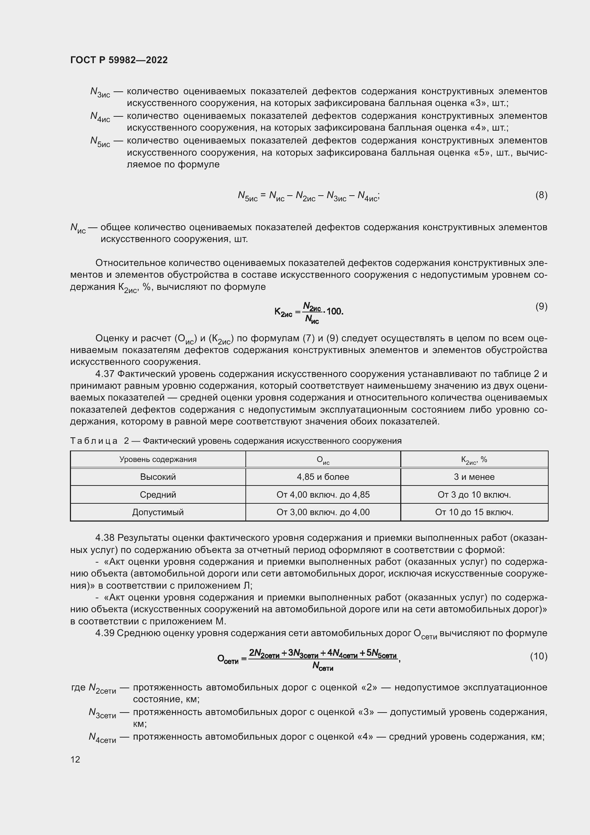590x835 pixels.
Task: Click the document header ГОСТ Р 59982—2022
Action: tap(119, 60)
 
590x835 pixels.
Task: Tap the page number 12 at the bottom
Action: tap(75, 759)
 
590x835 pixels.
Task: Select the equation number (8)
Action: tap(541, 195)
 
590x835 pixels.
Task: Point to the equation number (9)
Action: tap(541, 306)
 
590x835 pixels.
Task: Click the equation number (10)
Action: tap(538, 656)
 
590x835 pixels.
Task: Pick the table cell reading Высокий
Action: tap(158, 477)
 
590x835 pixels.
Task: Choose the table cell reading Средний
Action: tap(158, 494)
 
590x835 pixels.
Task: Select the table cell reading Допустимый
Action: tap(158, 512)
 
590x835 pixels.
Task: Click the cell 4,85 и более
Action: tap(322, 477)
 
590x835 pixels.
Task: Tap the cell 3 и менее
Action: tap(474, 477)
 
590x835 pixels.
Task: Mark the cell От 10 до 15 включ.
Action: tap(474, 512)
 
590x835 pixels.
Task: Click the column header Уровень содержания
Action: tap(158, 459)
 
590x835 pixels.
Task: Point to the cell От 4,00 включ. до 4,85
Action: tap(322, 494)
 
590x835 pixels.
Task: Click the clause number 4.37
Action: tap(104, 374)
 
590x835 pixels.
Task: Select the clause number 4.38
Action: tap(104, 538)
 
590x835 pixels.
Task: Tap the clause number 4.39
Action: tap(104, 633)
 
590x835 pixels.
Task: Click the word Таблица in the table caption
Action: tap(94, 441)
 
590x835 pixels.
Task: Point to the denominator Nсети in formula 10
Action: tap(322, 666)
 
